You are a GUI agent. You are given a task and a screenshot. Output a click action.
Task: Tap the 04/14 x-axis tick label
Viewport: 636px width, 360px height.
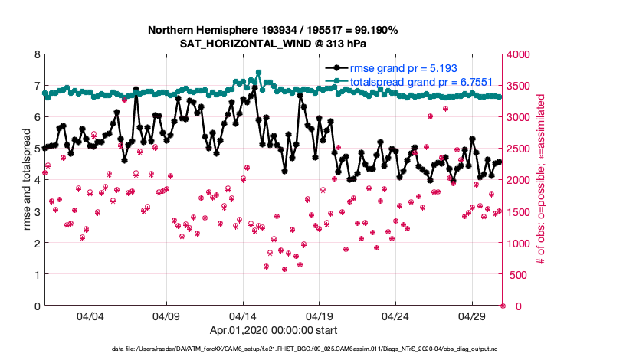coord(243,316)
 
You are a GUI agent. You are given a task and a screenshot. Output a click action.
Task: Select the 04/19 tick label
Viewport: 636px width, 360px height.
coord(320,316)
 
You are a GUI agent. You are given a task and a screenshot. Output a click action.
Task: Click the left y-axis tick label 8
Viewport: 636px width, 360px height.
coord(37,54)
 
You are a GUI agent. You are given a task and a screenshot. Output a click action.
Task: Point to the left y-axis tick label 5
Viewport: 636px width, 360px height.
coord(37,149)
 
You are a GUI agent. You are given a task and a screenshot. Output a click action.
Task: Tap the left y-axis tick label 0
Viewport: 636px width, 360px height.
coord(37,306)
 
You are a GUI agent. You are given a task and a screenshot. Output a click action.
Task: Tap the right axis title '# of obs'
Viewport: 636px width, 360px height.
coord(541,180)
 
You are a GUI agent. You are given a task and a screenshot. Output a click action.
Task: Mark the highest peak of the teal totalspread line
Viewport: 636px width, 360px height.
coord(259,73)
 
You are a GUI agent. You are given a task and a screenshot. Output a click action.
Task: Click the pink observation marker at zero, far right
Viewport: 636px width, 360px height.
coord(503,306)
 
